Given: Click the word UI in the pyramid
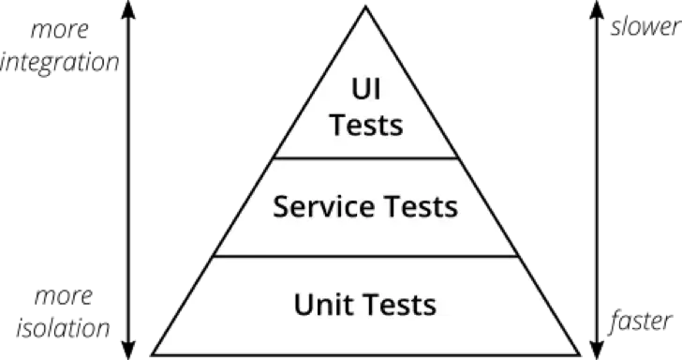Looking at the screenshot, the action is pyautogui.click(x=365, y=89).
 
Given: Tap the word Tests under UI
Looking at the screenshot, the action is pyautogui.click(x=366, y=126).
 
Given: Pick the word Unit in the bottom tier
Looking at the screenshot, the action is pyautogui.click(x=321, y=305).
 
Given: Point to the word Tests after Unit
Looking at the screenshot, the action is pyautogui.click(x=399, y=305).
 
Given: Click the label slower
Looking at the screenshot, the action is pyautogui.click(x=646, y=26).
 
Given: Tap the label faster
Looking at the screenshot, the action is pyautogui.click(x=641, y=322).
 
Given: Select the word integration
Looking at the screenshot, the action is pyautogui.click(x=60, y=63).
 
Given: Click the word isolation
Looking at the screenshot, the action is pyautogui.click(x=63, y=328).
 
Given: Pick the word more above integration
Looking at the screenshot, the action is pyautogui.click(x=60, y=31).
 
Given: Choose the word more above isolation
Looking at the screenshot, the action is pyautogui.click(x=64, y=297).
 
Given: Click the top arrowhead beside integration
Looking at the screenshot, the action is pyautogui.click(x=127, y=9).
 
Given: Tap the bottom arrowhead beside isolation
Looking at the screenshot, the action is pyautogui.click(x=127, y=351).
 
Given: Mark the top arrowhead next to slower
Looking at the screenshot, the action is pyautogui.click(x=597, y=9).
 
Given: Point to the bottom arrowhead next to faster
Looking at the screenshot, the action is pyautogui.click(x=597, y=351).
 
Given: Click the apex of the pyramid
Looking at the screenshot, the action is pyautogui.click(x=365, y=7).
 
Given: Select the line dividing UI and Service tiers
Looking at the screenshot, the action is pyautogui.click(x=365, y=158).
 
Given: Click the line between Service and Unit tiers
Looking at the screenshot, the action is pyautogui.click(x=365, y=256).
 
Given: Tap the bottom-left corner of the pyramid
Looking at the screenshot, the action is pyautogui.click(x=153, y=354).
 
